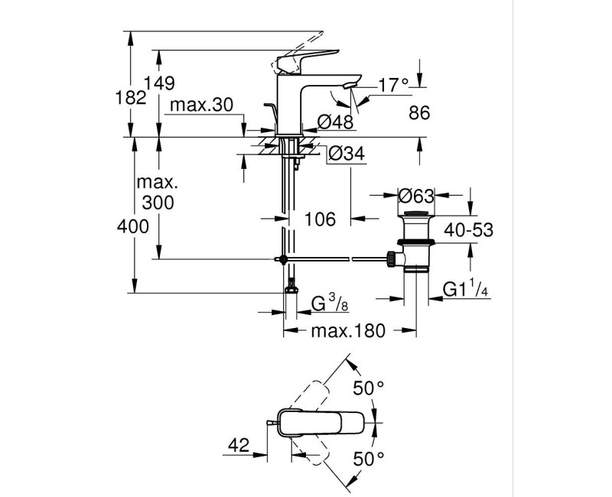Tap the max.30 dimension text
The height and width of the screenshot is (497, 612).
pos(201,105)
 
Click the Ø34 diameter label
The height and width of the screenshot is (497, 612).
pos(345,154)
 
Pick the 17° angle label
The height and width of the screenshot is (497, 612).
pos(394,86)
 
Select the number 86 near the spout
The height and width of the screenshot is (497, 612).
pos(420,113)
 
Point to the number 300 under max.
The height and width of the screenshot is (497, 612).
pos(158,203)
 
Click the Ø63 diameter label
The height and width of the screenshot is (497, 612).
pos(417,195)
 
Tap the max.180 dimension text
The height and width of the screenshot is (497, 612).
pos(349,331)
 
